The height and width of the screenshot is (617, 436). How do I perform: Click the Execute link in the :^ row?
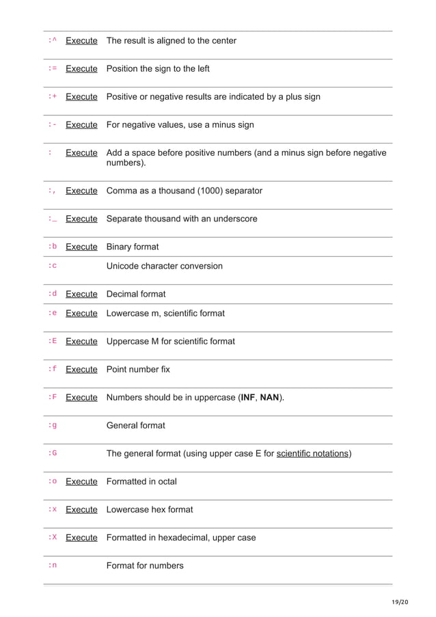[x=81, y=41]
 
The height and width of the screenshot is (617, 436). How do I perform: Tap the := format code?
[x=53, y=68]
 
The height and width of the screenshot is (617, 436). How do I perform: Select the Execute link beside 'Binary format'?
[x=81, y=247]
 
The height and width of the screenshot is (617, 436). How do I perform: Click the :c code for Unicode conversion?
[x=53, y=266]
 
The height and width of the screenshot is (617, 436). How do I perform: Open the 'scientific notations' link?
[x=312, y=453]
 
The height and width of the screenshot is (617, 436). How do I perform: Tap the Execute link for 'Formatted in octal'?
[x=81, y=482]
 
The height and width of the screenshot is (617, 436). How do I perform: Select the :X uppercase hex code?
[x=53, y=537]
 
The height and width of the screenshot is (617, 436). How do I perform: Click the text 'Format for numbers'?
[x=145, y=566]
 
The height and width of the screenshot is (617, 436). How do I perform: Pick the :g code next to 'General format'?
[x=53, y=425]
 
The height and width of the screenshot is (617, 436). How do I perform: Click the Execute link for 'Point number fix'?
[x=81, y=370]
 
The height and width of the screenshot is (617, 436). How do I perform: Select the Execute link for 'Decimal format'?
[x=81, y=294]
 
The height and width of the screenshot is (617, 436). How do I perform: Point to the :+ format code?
[x=53, y=96]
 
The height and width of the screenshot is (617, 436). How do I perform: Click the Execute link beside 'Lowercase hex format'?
[x=81, y=510]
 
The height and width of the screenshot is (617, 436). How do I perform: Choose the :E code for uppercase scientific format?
[x=53, y=341]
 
